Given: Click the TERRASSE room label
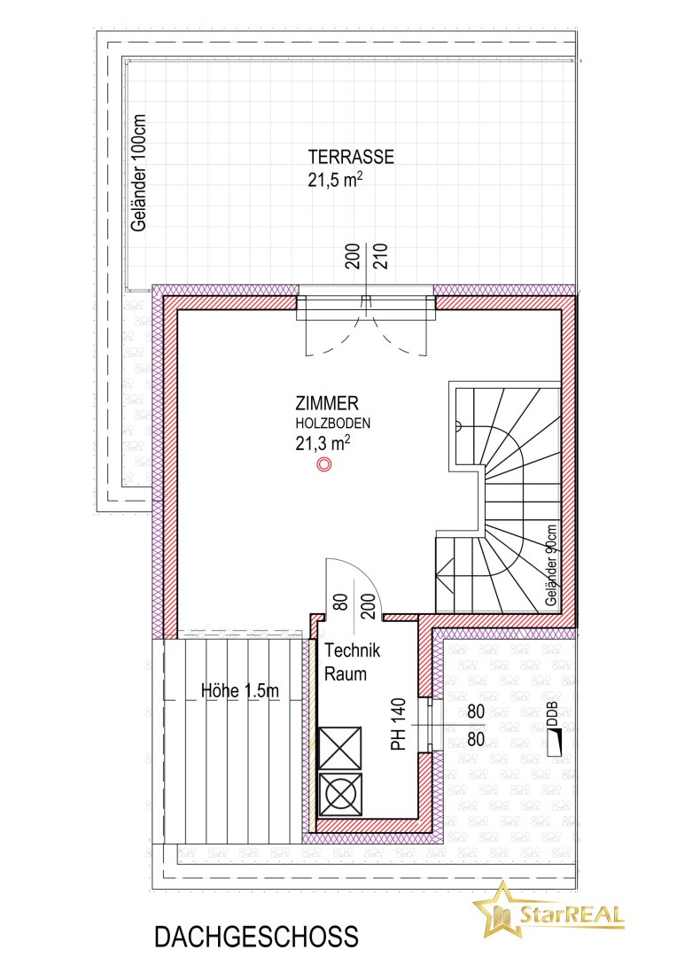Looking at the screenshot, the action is coord(351,157).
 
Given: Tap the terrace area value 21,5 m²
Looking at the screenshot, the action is coord(336,180).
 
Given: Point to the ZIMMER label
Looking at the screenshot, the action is coord(327,403).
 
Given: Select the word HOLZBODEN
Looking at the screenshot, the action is coord(333,423).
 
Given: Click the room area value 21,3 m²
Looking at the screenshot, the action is coord(323,442).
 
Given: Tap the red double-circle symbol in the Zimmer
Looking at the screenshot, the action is coord(324,465).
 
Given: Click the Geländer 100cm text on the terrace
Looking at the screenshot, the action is coord(139,174).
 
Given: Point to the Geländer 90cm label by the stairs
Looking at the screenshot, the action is coord(552,565).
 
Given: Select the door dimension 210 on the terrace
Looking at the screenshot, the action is coord(380,256).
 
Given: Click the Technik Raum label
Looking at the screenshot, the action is coord(352,662).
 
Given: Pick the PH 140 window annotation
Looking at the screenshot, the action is coord(398,725).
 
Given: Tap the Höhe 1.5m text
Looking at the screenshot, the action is coord(240,690).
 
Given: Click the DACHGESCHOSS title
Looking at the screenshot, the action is coord(256,937).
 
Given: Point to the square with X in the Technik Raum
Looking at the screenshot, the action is coord(340,748).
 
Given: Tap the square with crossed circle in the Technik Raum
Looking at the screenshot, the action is coord(340,795).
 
